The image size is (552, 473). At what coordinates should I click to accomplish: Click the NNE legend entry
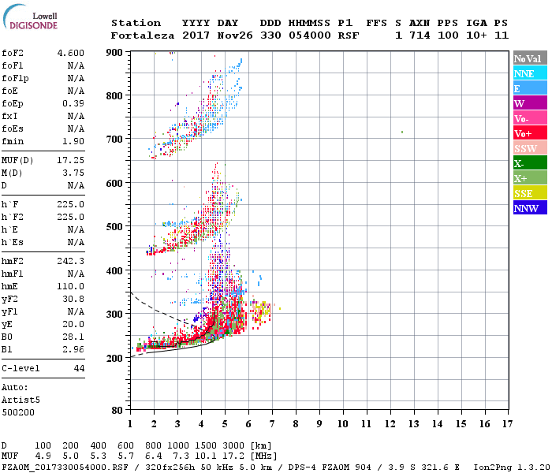click(529, 73)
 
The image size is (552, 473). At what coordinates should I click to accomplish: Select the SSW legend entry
click(529, 148)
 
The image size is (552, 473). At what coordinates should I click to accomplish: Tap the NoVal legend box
click(529, 58)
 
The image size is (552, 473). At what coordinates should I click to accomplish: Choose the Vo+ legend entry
click(529, 133)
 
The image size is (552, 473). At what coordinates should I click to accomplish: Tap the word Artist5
click(21, 400)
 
